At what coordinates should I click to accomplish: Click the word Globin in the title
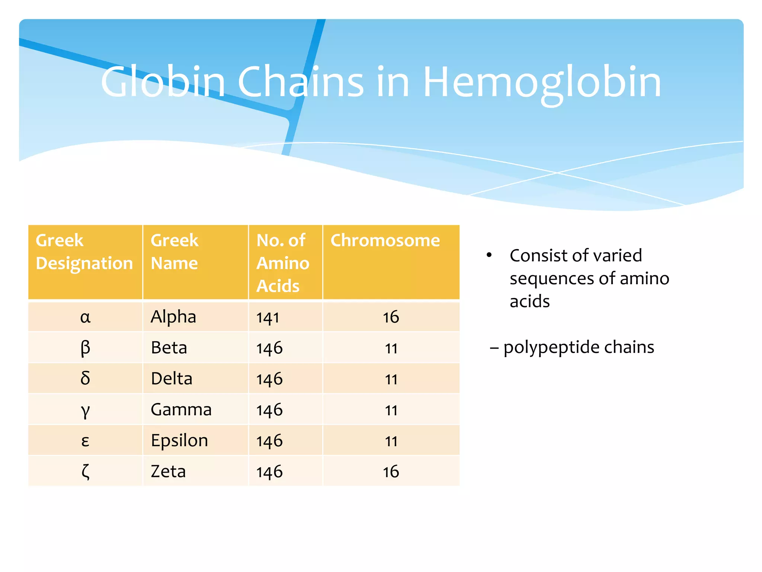point(163,83)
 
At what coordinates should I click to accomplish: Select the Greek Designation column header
point(84,252)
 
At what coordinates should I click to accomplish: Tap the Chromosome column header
point(385,241)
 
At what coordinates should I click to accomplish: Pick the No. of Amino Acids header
point(283,263)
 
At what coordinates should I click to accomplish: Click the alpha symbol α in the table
point(85,317)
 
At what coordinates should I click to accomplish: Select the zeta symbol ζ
point(85,472)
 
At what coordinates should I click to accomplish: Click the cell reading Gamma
point(181,410)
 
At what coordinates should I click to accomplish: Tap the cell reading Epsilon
point(179,441)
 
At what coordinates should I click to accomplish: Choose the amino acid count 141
point(268,318)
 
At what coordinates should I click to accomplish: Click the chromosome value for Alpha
point(391,317)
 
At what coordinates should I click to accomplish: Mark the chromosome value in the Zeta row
point(391,472)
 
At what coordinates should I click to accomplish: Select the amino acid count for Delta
point(269,379)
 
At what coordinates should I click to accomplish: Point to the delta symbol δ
point(85,379)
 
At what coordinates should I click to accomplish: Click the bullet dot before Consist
point(489,255)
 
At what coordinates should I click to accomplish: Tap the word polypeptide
point(551,348)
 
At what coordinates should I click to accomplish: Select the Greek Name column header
point(175,252)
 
